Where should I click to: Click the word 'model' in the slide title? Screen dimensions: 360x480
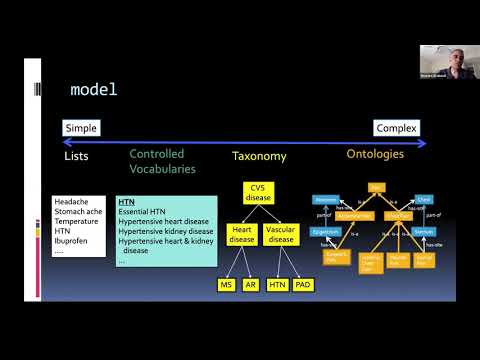coord(93,90)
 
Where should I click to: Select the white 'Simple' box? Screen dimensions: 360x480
coord(81,128)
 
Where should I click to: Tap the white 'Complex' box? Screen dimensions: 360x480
coord(396,128)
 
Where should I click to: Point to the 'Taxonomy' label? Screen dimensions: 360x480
coord(259,156)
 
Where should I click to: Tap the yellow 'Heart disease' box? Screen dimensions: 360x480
coord(240,234)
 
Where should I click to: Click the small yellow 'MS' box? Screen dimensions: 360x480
coord(226,285)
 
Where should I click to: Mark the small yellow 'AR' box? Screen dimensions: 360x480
coord(251,285)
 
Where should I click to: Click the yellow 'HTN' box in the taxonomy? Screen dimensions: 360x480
coord(279,285)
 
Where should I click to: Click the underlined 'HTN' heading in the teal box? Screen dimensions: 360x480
coord(126,201)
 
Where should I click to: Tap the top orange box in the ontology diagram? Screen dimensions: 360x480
coord(376,186)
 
